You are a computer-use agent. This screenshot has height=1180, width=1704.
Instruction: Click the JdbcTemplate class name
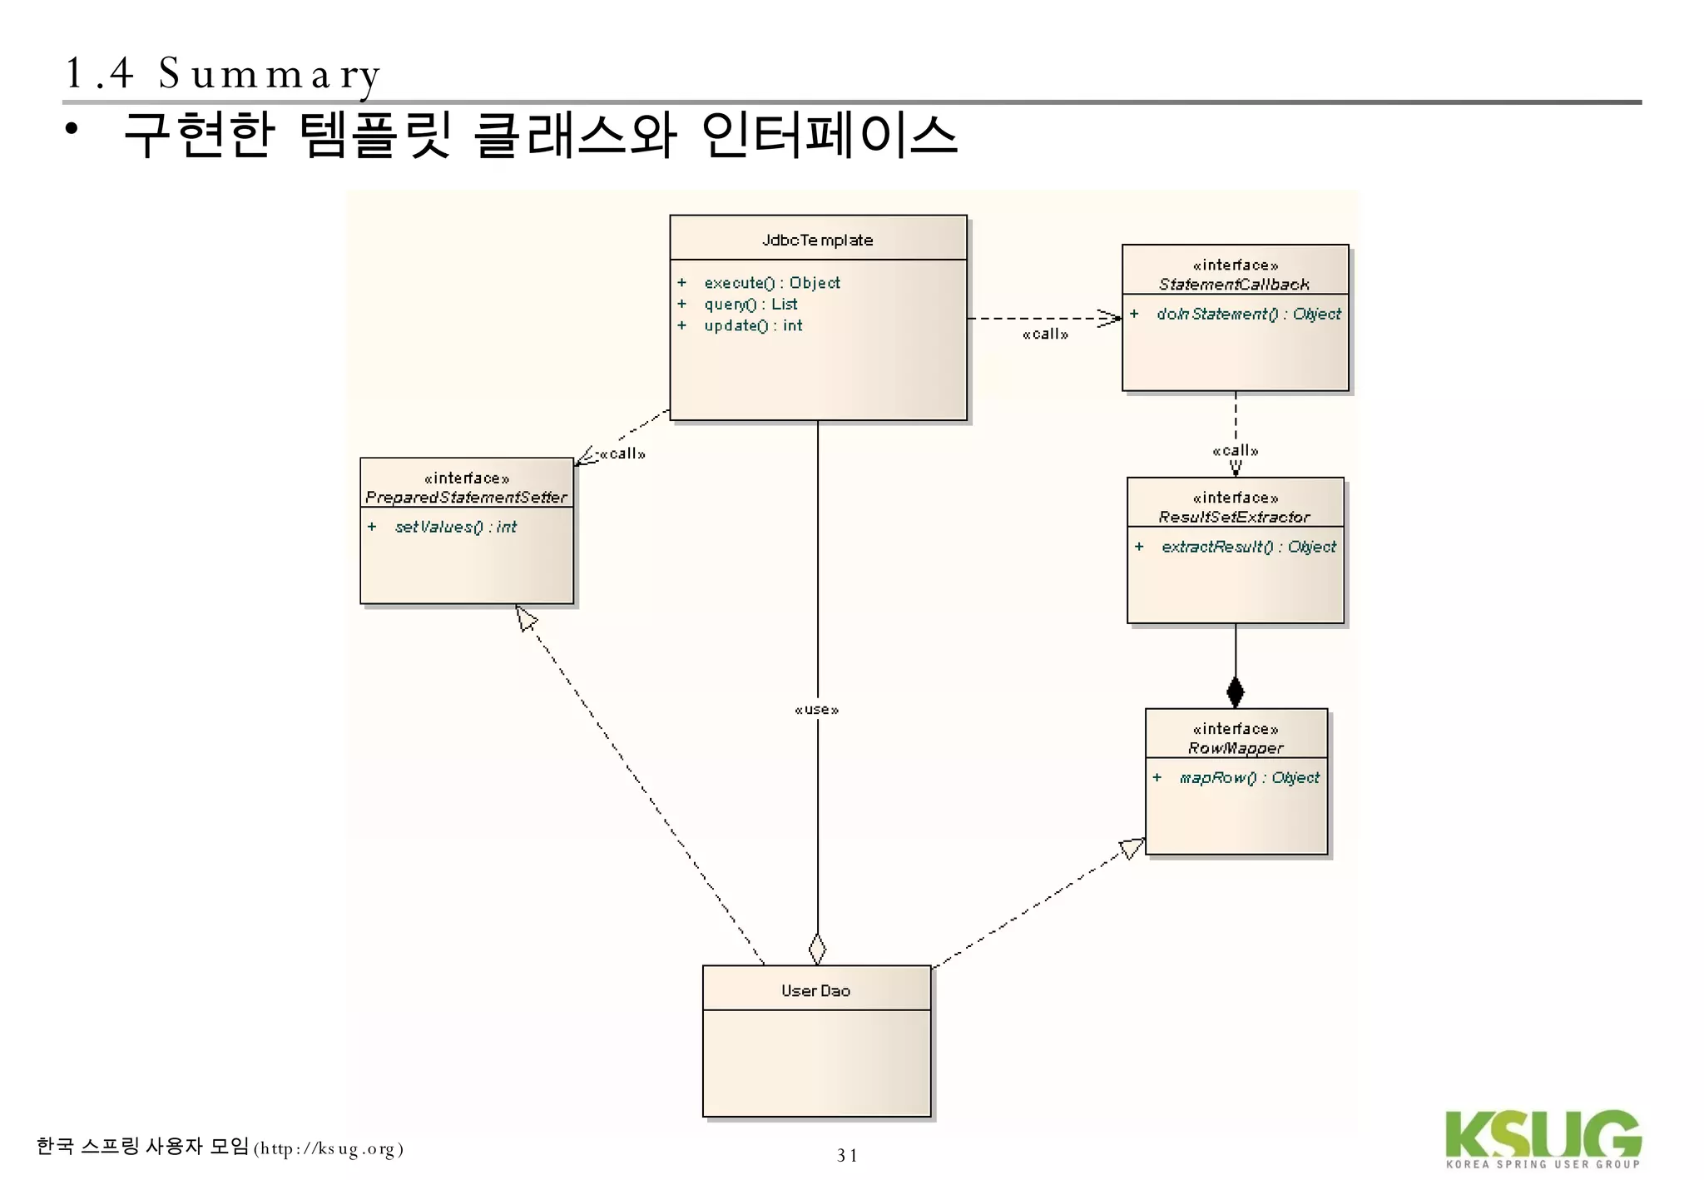point(817,240)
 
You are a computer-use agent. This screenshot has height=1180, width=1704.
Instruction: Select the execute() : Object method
point(771,283)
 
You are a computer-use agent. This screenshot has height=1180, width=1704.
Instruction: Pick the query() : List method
point(750,305)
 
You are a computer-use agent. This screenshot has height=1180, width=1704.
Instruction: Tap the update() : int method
point(753,326)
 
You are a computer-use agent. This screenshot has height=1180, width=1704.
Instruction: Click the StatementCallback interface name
point(1234,285)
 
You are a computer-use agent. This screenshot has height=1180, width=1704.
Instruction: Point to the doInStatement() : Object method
point(1248,314)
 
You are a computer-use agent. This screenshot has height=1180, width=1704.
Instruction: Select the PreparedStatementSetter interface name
point(466,498)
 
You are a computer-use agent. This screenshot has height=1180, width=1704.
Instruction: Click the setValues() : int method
point(455,527)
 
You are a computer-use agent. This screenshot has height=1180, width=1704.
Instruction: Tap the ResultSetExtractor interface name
point(1234,517)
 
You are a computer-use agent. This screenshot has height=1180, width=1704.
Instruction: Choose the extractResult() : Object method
point(1248,547)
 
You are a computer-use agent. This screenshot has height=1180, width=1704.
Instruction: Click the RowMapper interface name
point(1236,748)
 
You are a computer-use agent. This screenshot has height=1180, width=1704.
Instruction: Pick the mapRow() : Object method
point(1249,777)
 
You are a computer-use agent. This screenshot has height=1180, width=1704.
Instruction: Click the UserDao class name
point(815,990)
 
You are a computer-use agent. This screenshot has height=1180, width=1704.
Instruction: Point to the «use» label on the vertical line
point(816,710)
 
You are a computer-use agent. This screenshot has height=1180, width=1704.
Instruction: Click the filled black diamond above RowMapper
point(1236,692)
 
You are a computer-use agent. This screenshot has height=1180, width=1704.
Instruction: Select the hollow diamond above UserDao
point(817,949)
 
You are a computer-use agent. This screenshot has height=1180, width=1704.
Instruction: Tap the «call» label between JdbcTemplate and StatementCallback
point(1045,335)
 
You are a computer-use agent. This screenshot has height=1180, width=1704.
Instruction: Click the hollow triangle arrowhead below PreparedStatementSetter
point(526,618)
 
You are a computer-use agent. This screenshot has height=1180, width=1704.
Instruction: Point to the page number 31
point(847,1155)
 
